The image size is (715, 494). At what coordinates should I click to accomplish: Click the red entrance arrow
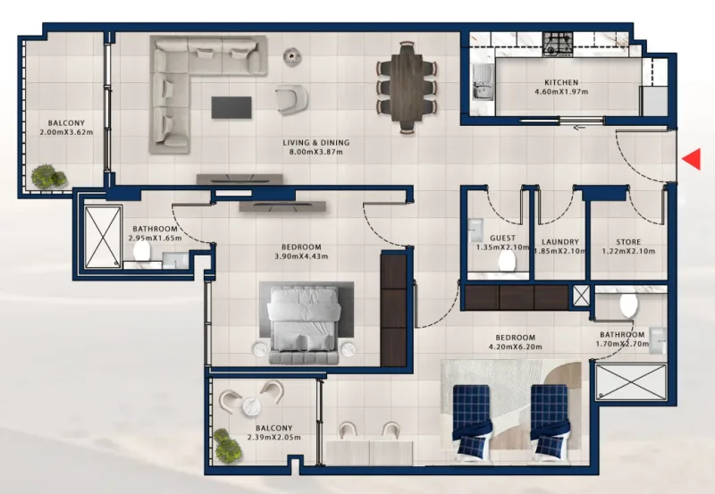pyautogui.click(x=691, y=159)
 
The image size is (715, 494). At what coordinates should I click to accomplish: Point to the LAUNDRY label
pyautogui.click(x=560, y=242)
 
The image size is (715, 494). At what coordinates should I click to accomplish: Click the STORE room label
pyautogui.click(x=628, y=242)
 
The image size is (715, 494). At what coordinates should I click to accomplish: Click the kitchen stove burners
pyautogui.click(x=559, y=40)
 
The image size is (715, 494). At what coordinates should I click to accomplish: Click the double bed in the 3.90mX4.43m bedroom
pyautogui.click(x=304, y=323)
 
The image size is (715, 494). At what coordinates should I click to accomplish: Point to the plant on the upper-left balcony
pyautogui.click(x=48, y=176)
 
